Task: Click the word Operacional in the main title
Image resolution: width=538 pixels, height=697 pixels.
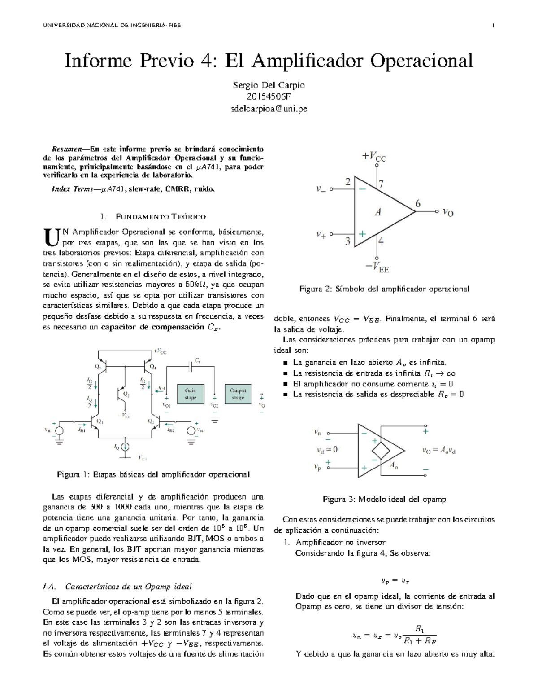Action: pyautogui.click(x=421, y=61)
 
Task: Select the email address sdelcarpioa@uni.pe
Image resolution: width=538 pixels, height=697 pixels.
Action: pyautogui.click(x=269, y=109)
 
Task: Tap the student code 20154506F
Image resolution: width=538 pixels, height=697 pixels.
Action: pyautogui.click(x=269, y=96)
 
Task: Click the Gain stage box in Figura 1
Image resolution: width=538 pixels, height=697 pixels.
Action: pyautogui.click(x=191, y=395)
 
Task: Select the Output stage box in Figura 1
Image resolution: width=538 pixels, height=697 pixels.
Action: pyautogui.click(x=238, y=395)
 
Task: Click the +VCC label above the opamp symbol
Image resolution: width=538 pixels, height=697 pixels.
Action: pyautogui.click(x=374, y=156)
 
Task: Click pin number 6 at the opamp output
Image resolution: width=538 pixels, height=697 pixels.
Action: pyautogui.click(x=418, y=204)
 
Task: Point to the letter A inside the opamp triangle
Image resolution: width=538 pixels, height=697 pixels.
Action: pyautogui.click(x=378, y=212)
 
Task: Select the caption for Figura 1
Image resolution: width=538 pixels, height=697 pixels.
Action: pyautogui.click(x=153, y=474)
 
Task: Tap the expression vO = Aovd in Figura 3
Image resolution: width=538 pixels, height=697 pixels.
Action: pyautogui.click(x=439, y=451)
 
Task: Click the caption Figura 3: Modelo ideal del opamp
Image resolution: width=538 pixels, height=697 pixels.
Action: pyautogui.click(x=384, y=499)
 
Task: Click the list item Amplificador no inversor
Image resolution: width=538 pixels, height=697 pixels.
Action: pyautogui.click(x=340, y=543)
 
